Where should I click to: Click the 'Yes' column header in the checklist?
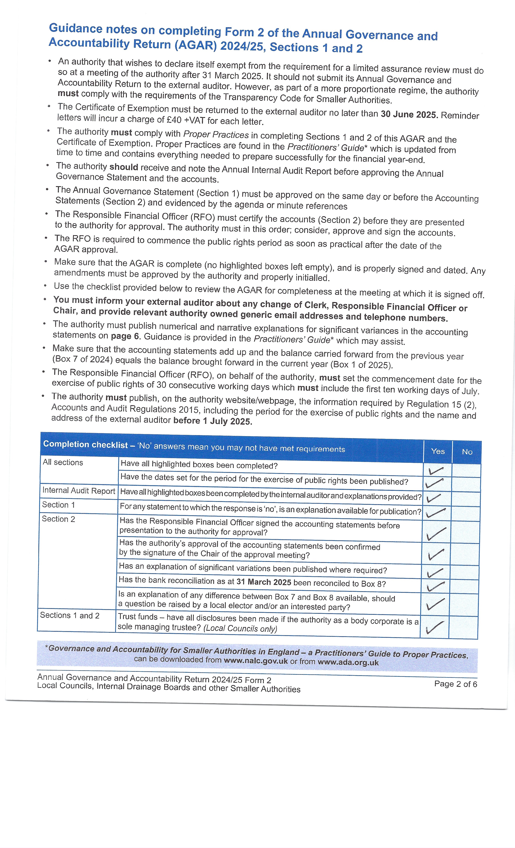(x=437, y=451)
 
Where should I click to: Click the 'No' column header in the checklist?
(x=467, y=452)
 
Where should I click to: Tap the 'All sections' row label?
(x=63, y=462)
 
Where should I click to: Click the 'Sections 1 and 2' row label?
(x=69, y=615)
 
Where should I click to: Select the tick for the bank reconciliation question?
(x=435, y=586)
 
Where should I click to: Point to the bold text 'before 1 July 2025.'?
(x=212, y=421)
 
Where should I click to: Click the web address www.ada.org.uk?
(x=348, y=662)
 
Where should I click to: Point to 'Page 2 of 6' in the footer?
(x=455, y=684)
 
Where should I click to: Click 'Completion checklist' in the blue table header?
(x=85, y=444)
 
